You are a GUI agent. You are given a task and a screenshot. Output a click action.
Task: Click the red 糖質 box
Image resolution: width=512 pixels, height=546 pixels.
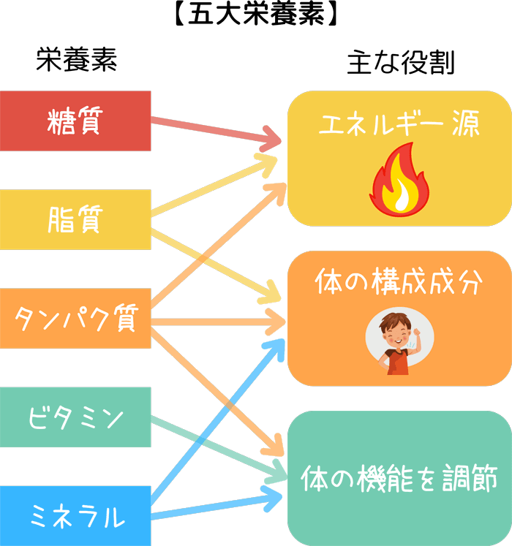tap(75, 121)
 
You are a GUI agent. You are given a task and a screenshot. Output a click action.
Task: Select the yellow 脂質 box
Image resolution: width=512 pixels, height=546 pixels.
tap(75, 219)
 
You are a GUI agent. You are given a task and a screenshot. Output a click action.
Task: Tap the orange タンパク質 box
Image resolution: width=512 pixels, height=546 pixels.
tap(75, 319)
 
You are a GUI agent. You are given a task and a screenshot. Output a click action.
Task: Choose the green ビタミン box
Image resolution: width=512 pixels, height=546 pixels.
tap(75, 417)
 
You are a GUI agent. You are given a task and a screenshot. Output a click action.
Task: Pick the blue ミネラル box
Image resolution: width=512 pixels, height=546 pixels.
tap(75, 516)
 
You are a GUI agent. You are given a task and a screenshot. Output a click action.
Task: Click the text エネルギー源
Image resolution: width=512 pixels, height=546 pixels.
tap(399, 125)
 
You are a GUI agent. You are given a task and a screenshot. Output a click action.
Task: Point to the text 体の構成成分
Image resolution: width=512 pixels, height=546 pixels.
tap(399, 283)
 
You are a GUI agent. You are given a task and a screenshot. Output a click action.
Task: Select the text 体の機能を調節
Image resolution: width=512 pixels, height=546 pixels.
tap(399, 480)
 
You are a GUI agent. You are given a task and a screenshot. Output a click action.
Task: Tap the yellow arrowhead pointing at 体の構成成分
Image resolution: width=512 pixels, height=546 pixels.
tap(272, 296)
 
